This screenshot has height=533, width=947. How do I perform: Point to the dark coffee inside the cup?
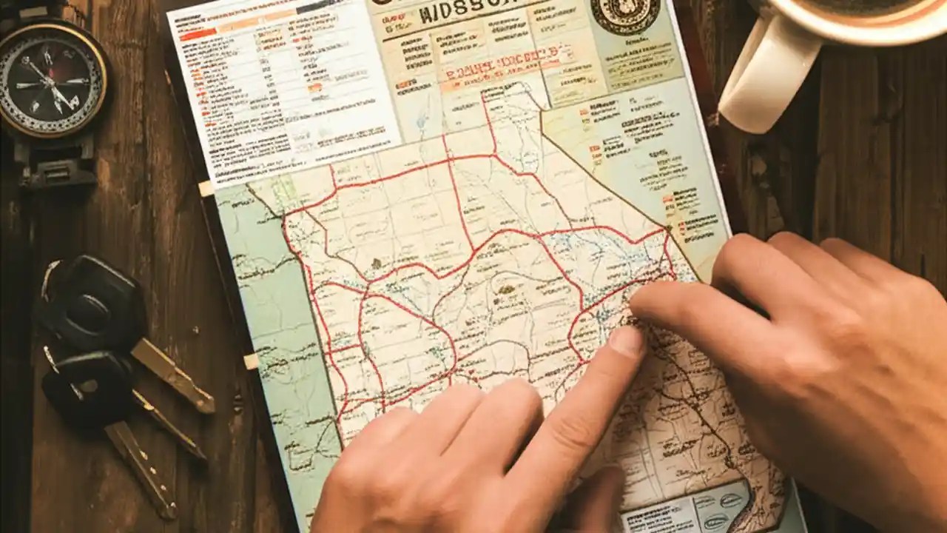click(x=873, y=6)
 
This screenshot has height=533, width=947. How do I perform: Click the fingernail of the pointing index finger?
click(x=626, y=341)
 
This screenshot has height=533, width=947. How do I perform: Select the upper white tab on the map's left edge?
click(x=206, y=188)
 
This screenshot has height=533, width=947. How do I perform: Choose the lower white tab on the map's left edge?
click(x=251, y=361)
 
